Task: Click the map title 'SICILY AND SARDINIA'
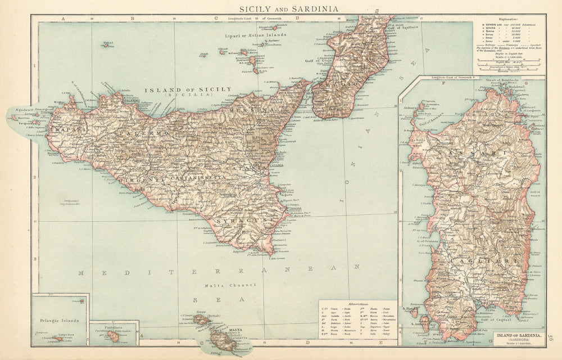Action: point(281,8)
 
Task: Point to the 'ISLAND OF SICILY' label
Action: point(188,89)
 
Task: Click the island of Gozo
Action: point(200,319)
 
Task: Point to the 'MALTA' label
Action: point(234,330)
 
